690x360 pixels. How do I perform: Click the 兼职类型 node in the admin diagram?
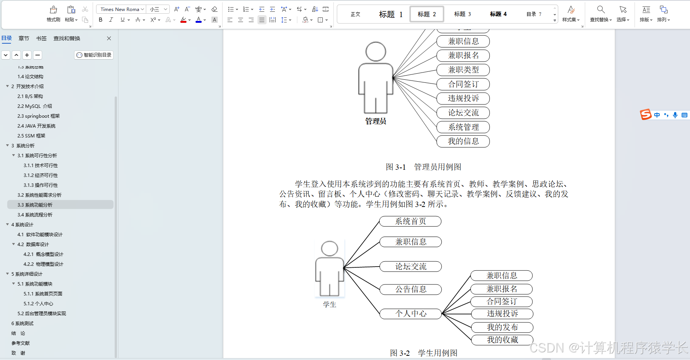tap(463, 70)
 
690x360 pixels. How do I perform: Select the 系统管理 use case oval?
tap(463, 127)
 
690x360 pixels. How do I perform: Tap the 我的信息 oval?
tap(463, 141)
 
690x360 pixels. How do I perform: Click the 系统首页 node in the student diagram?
tap(411, 221)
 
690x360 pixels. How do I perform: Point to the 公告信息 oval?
tap(411, 289)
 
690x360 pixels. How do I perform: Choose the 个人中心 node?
tap(411, 314)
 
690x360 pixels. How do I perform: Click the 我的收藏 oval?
tap(502, 340)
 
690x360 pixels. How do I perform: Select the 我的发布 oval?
tap(502, 327)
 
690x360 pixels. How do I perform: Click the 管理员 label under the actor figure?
tap(376, 121)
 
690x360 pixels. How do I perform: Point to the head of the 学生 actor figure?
tap(329, 249)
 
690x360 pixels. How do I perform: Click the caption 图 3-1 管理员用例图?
tap(423, 167)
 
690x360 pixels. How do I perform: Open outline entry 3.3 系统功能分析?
tap(35, 205)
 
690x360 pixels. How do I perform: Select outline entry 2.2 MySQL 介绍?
tap(35, 106)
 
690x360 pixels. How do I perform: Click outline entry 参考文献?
tap(21, 343)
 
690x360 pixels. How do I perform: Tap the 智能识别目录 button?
tap(94, 55)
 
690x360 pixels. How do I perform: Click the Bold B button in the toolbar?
tap(101, 20)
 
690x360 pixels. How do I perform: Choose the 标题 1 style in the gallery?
tap(391, 14)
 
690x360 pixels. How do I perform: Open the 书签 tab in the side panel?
tap(41, 38)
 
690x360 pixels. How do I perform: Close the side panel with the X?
tap(109, 38)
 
